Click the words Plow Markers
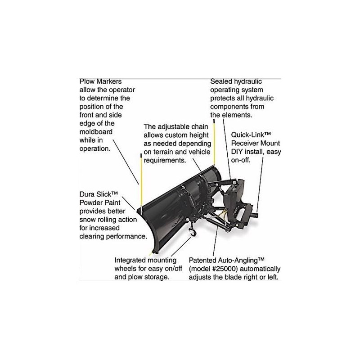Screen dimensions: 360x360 pyautogui.click(x=100, y=81)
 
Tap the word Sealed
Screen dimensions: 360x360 pyautogui.click(x=222, y=81)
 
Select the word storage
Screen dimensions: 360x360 pyautogui.click(x=156, y=277)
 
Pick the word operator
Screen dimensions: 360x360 pyautogui.click(x=117, y=90)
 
